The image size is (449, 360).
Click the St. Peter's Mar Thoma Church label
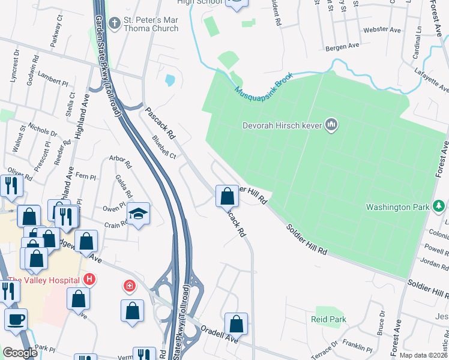pyautogui.click(x=151, y=24)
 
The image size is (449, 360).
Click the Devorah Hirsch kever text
pyautogui.click(x=282, y=125)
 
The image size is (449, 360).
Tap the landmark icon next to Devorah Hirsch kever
pyautogui.click(x=331, y=125)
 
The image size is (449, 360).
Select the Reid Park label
pyautogui.click(x=328, y=319)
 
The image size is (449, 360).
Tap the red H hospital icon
pyautogui.click(x=89, y=279)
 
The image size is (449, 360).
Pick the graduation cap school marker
pyautogui.click(x=138, y=214)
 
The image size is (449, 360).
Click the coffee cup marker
pyautogui.click(x=16, y=319)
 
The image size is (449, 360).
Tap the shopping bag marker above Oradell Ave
pyautogui.click(x=237, y=323)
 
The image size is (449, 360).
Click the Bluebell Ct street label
pyautogui.click(x=163, y=147)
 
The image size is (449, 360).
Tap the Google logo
pyautogui.click(x=20, y=353)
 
